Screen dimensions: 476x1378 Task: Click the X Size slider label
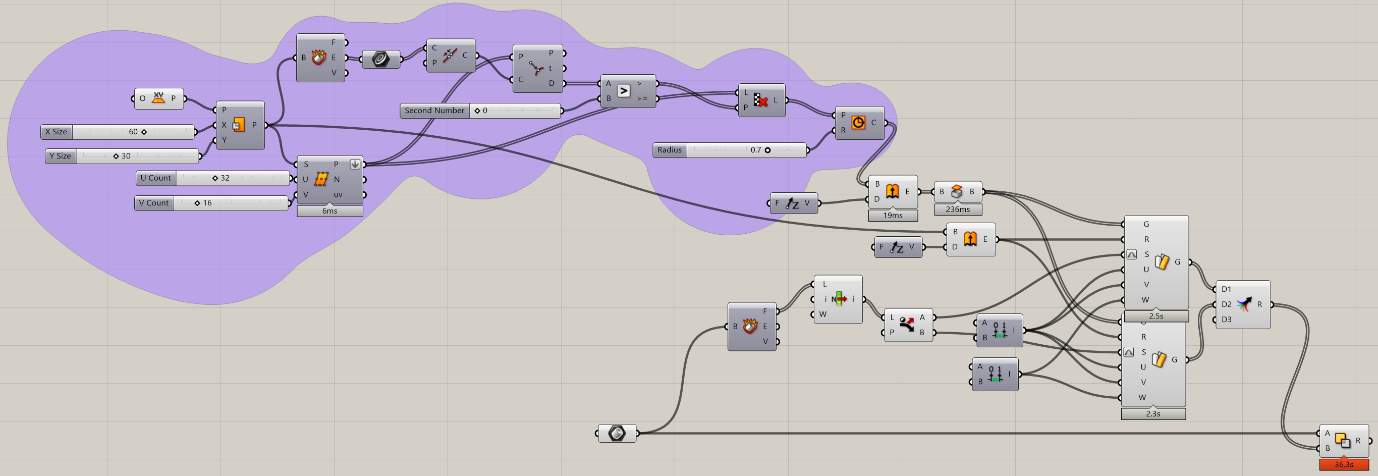coord(56,132)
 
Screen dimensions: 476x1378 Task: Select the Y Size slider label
coord(60,156)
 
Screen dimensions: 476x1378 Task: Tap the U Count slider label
coord(156,178)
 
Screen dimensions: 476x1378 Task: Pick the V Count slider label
coord(153,203)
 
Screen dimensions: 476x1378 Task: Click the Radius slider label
coord(669,150)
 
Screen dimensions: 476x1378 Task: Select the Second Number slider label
coord(434,111)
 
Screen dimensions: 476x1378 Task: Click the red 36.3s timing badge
coord(1343,464)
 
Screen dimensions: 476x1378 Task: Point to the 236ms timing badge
coord(957,209)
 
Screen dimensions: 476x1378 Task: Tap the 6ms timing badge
coord(329,211)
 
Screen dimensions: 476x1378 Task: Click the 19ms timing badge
coord(892,215)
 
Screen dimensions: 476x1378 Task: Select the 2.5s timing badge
coord(1155,316)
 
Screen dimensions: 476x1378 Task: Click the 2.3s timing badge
coord(1153,414)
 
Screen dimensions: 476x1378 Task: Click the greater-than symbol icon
coord(623,91)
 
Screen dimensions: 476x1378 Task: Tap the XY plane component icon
coord(158,98)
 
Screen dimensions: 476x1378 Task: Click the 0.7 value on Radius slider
coord(755,150)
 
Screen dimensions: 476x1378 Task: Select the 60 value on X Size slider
coord(133,132)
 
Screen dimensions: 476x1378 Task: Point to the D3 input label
coord(1226,320)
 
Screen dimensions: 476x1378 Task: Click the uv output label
coord(338,195)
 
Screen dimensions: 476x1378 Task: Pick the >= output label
coord(642,98)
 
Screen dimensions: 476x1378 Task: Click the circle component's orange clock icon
coord(858,123)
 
